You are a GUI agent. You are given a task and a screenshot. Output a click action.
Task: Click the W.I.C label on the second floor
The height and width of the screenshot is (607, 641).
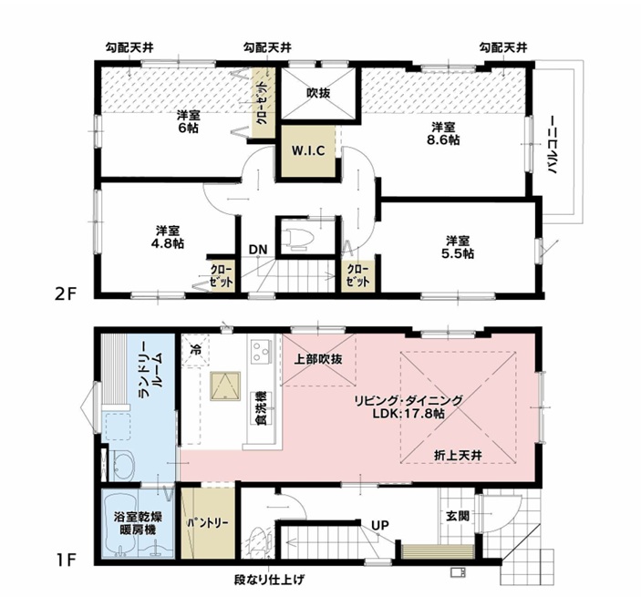[x=308, y=150]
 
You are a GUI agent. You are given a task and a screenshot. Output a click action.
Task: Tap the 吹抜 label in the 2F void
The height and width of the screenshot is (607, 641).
[x=318, y=93]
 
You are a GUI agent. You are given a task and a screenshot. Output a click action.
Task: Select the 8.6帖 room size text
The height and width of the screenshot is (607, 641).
[x=443, y=139]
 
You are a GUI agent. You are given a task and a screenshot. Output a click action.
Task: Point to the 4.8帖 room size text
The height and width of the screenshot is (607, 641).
[x=167, y=243]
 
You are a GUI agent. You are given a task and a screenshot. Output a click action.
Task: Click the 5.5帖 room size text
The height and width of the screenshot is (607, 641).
[x=458, y=253]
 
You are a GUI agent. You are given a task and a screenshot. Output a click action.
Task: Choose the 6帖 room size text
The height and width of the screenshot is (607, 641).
[x=189, y=128]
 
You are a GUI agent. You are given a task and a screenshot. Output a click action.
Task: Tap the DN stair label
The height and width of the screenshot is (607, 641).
[x=258, y=250]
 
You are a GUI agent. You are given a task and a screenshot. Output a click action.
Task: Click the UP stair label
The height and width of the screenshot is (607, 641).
[x=380, y=525]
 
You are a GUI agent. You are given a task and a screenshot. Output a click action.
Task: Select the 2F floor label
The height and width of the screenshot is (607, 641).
[x=66, y=293]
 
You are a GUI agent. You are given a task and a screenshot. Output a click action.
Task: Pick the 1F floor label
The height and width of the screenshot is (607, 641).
[x=66, y=560]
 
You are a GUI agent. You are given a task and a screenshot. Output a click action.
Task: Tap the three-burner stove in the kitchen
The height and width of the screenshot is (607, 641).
[x=262, y=351]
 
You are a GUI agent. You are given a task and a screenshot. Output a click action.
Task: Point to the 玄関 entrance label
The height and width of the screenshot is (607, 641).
[x=458, y=516]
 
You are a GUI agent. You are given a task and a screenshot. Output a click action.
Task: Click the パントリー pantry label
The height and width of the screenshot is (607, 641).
[x=207, y=523]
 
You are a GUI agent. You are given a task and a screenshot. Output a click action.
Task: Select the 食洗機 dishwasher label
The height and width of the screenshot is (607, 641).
[x=262, y=408]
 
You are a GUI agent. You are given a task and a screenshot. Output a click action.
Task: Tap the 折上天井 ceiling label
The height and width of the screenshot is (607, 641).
[x=458, y=455]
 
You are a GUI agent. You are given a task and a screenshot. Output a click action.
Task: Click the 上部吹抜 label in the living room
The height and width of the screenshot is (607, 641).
[x=318, y=359]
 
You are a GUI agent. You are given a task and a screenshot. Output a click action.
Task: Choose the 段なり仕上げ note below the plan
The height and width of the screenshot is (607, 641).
[x=269, y=580]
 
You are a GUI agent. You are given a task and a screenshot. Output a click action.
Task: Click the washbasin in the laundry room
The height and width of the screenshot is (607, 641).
[x=124, y=466]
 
